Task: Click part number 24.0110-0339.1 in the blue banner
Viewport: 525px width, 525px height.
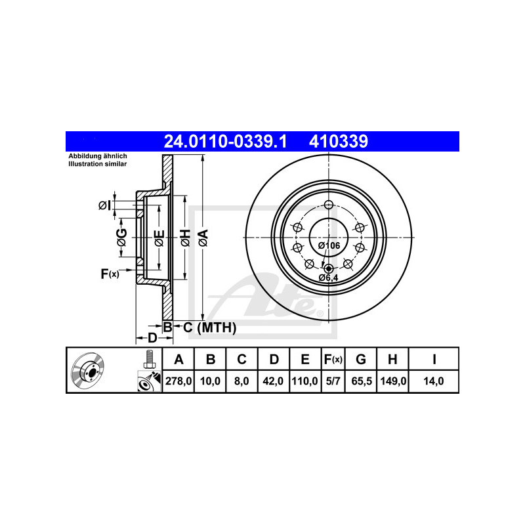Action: [225, 141]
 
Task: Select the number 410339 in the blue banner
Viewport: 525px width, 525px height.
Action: [338, 141]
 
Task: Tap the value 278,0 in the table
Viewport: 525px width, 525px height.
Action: [178, 381]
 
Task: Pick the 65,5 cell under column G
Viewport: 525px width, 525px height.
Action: [362, 381]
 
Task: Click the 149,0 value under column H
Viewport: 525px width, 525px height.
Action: [393, 381]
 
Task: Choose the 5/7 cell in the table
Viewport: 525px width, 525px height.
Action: [333, 381]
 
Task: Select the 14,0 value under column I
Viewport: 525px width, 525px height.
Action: [434, 381]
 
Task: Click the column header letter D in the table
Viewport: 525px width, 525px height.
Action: [274, 359]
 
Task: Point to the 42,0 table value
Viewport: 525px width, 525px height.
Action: [273, 381]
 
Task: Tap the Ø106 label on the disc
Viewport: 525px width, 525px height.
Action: [329, 245]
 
